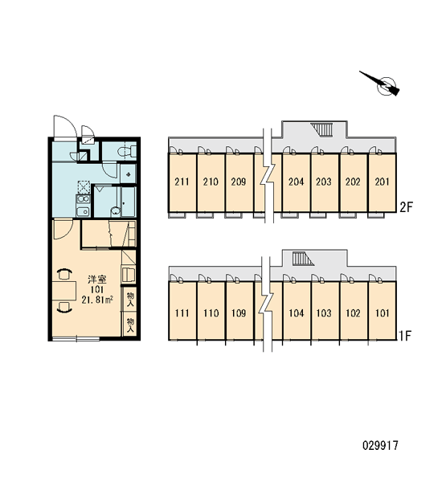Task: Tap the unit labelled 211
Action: pos(182,182)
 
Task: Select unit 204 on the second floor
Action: pos(296,182)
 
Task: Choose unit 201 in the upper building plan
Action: pos(382,182)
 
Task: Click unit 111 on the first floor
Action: pos(182,313)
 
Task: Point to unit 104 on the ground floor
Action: pos(297,313)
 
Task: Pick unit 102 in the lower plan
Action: pos(353,313)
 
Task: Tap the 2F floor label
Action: pos(405,207)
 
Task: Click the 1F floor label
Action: pos(405,336)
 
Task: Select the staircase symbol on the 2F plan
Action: pos(322,129)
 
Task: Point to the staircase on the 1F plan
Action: pos(303,259)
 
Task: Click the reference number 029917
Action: pos(380,445)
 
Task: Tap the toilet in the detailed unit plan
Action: pos(128,151)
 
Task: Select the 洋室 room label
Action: pos(97,280)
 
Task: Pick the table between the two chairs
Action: pos(64,290)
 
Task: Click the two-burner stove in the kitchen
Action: pos(83,198)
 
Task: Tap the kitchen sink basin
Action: pos(83,211)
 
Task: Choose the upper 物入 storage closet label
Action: pos(130,300)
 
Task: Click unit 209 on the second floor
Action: pos(239,182)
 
